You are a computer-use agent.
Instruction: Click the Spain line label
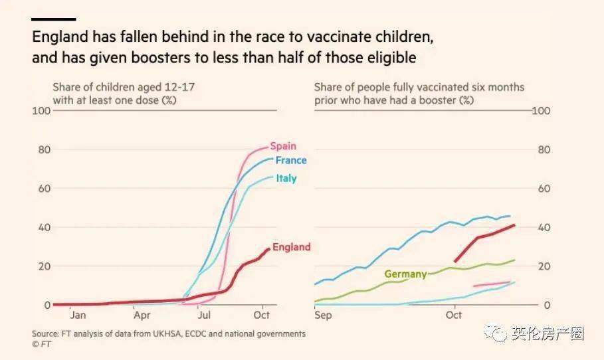click(283, 146)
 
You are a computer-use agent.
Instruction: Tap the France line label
click(291, 160)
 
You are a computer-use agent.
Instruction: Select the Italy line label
click(286, 178)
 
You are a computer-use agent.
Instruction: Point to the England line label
click(291, 247)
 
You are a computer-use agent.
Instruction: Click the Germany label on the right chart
click(405, 274)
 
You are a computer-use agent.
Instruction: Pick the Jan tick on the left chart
click(78, 315)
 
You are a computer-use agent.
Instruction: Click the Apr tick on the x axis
click(142, 315)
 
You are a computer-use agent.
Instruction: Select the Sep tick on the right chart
click(324, 315)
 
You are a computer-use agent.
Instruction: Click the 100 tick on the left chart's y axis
click(42, 110)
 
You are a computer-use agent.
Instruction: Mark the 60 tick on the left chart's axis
click(45, 189)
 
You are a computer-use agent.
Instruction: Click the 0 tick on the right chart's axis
click(546, 306)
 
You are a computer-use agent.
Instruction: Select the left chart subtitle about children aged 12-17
click(124, 94)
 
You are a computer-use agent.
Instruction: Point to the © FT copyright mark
click(41, 344)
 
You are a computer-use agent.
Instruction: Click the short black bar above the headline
click(54, 19)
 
